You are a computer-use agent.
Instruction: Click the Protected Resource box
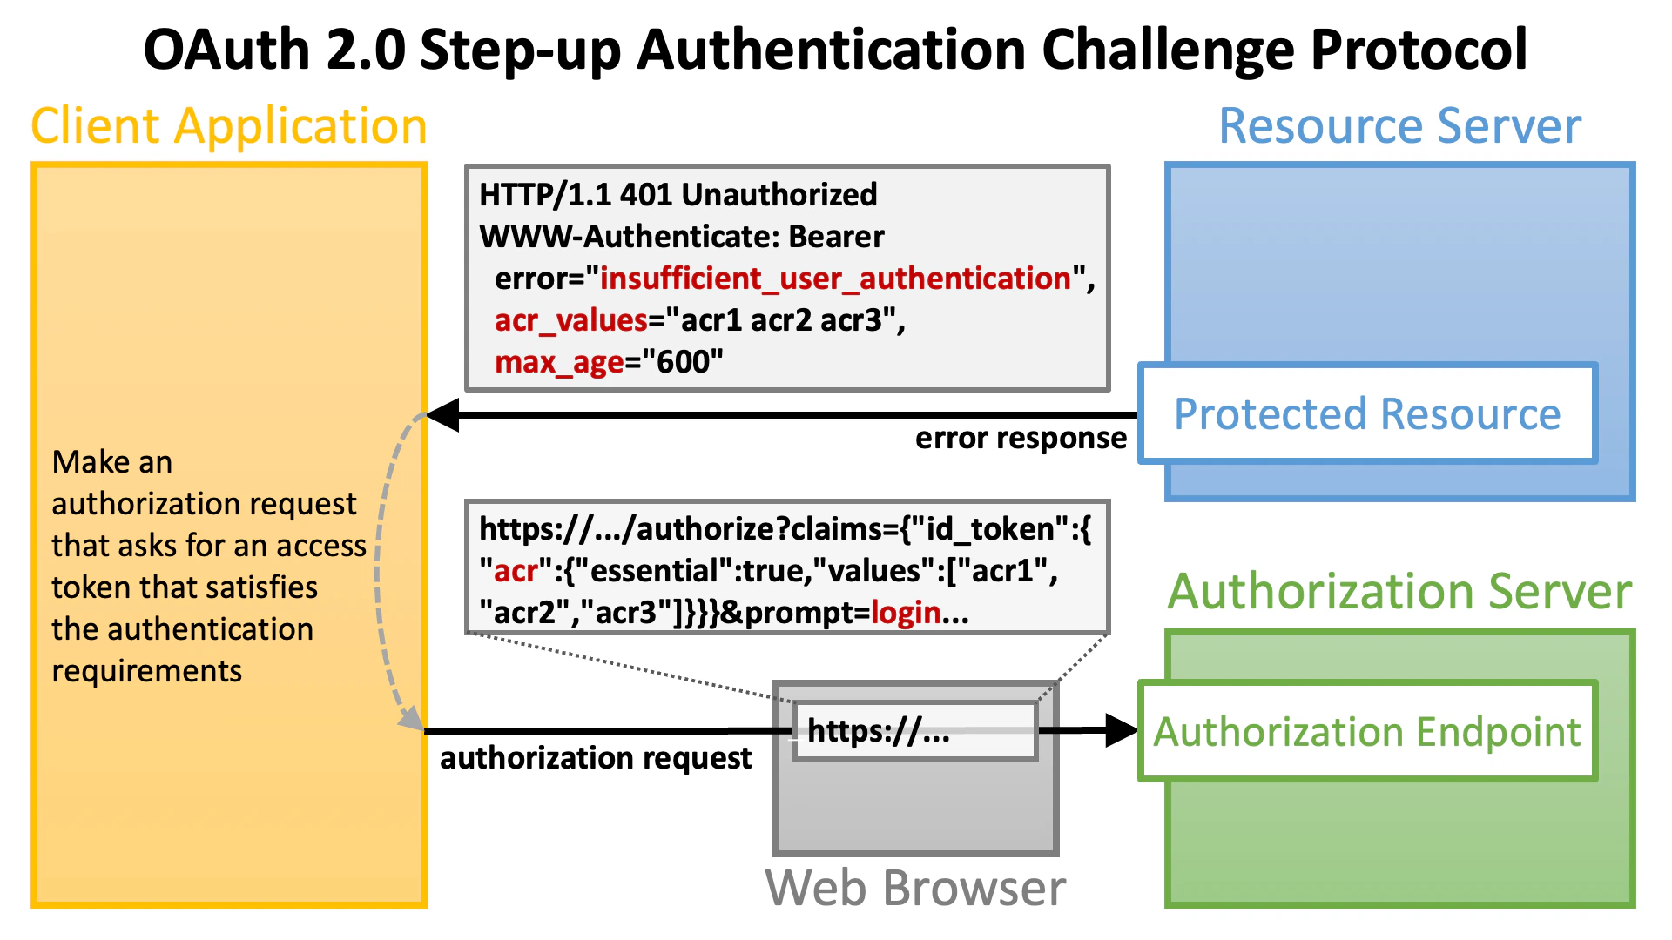point(1367,413)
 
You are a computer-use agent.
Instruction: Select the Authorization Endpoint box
point(1367,731)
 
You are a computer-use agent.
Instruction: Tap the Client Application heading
point(229,125)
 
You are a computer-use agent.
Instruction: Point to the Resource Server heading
point(1399,125)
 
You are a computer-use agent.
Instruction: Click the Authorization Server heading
point(1399,591)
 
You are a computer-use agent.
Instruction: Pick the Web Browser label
point(915,888)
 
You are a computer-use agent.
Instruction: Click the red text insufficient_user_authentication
point(835,279)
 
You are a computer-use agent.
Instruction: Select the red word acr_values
point(570,320)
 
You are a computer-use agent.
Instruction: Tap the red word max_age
point(558,362)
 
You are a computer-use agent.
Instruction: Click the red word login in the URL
point(906,613)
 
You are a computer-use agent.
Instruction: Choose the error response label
point(1021,438)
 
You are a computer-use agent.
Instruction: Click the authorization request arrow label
point(595,758)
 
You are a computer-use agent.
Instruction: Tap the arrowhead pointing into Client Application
point(442,415)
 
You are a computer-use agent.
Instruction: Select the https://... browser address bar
point(914,731)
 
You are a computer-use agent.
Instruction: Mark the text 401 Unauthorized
point(748,194)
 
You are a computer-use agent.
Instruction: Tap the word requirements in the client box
point(146,671)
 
